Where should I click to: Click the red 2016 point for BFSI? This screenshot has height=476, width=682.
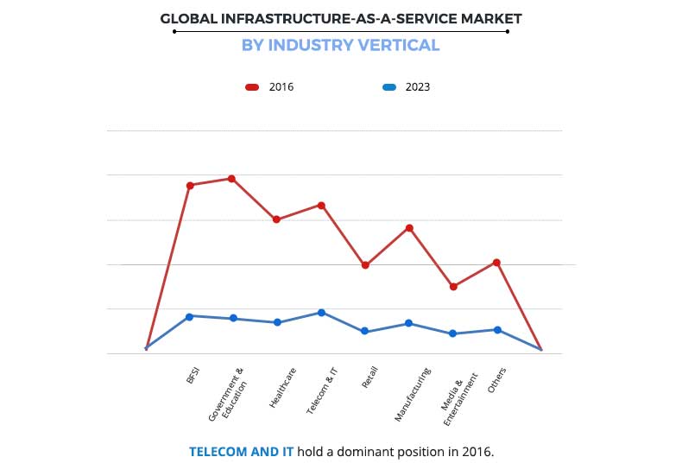[190, 185]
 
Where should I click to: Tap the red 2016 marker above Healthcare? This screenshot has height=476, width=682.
[276, 219]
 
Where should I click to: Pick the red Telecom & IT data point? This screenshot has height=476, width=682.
[321, 205]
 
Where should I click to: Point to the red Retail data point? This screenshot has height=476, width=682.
[365, 265]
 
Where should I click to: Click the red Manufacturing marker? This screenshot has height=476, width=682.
[409, 228]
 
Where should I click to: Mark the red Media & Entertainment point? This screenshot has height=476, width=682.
[453, 287]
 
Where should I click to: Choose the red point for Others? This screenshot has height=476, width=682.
[497, 263]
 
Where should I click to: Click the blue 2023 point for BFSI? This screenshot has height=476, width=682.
[190, 316]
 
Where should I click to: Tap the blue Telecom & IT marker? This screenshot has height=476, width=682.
[321, 313]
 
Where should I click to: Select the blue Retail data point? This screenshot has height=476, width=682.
[365, 331]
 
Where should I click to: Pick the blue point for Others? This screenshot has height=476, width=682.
[497, 329]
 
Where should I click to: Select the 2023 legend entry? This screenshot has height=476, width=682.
[407, 87]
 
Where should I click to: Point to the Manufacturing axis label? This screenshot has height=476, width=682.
[413, 395]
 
